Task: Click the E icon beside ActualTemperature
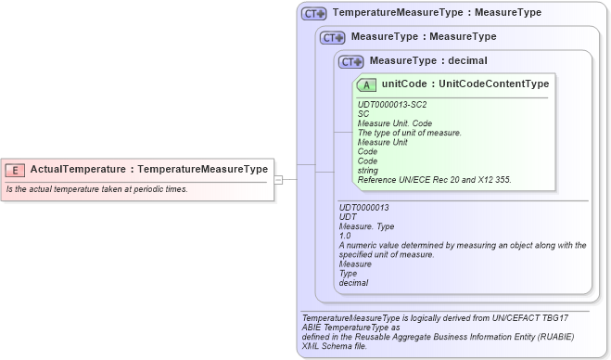(x=16, y=170)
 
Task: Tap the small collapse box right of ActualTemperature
(x=278, y=179)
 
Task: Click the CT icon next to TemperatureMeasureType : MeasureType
(x=313, y=14)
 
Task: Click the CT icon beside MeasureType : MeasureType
(x=332, y=37)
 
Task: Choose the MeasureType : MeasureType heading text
(x=423, y=37)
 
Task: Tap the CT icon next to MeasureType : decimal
(x=350, y=61)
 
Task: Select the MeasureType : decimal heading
(x=427, y=61)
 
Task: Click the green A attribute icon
(x=366, y=84)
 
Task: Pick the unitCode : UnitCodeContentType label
(x=465, y=84)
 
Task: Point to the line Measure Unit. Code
(x=394, y=123)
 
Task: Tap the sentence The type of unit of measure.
(x=409, y=133)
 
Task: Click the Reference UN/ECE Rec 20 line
(x=433, y=179)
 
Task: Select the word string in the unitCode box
(x=368, y=170)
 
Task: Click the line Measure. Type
(x=366, y=226)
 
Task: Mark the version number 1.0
(x=345, y=236)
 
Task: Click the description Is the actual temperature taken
(x=96, y=189)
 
